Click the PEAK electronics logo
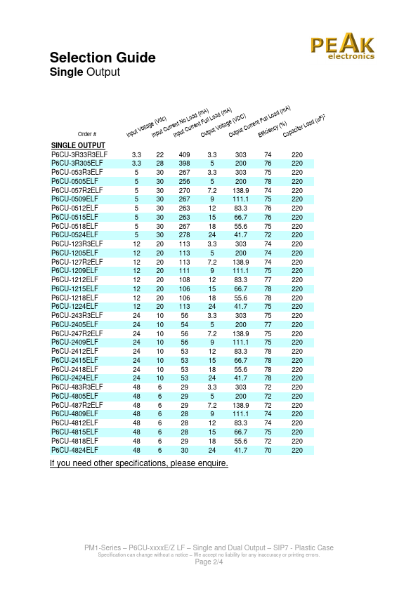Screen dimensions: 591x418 click(x=343, y=48)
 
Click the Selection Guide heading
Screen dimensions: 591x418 click(x=103, y=58)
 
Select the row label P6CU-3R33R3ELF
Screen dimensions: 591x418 click(x=79, y=154)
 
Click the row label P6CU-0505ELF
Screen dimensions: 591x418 click(x=74, y=180)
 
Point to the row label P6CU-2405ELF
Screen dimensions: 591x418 click(x=74, y=324)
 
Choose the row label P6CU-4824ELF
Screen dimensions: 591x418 click(x=74, y=450)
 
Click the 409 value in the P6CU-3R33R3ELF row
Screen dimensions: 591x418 click(x=185, y=154)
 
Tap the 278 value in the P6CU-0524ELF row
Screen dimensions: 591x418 click(x=185, y=234)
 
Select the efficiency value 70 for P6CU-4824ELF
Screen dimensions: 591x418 click(x=268, y=450)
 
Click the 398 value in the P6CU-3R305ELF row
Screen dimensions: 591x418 click(x=185, y=163)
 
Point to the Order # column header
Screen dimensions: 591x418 click(x=87, y=133)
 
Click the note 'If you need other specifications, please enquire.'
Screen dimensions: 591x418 click(x=139, y=463)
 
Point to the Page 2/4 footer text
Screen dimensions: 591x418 click(x=209, y=562)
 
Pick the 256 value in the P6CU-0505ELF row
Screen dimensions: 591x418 click(x=185, y=180)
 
